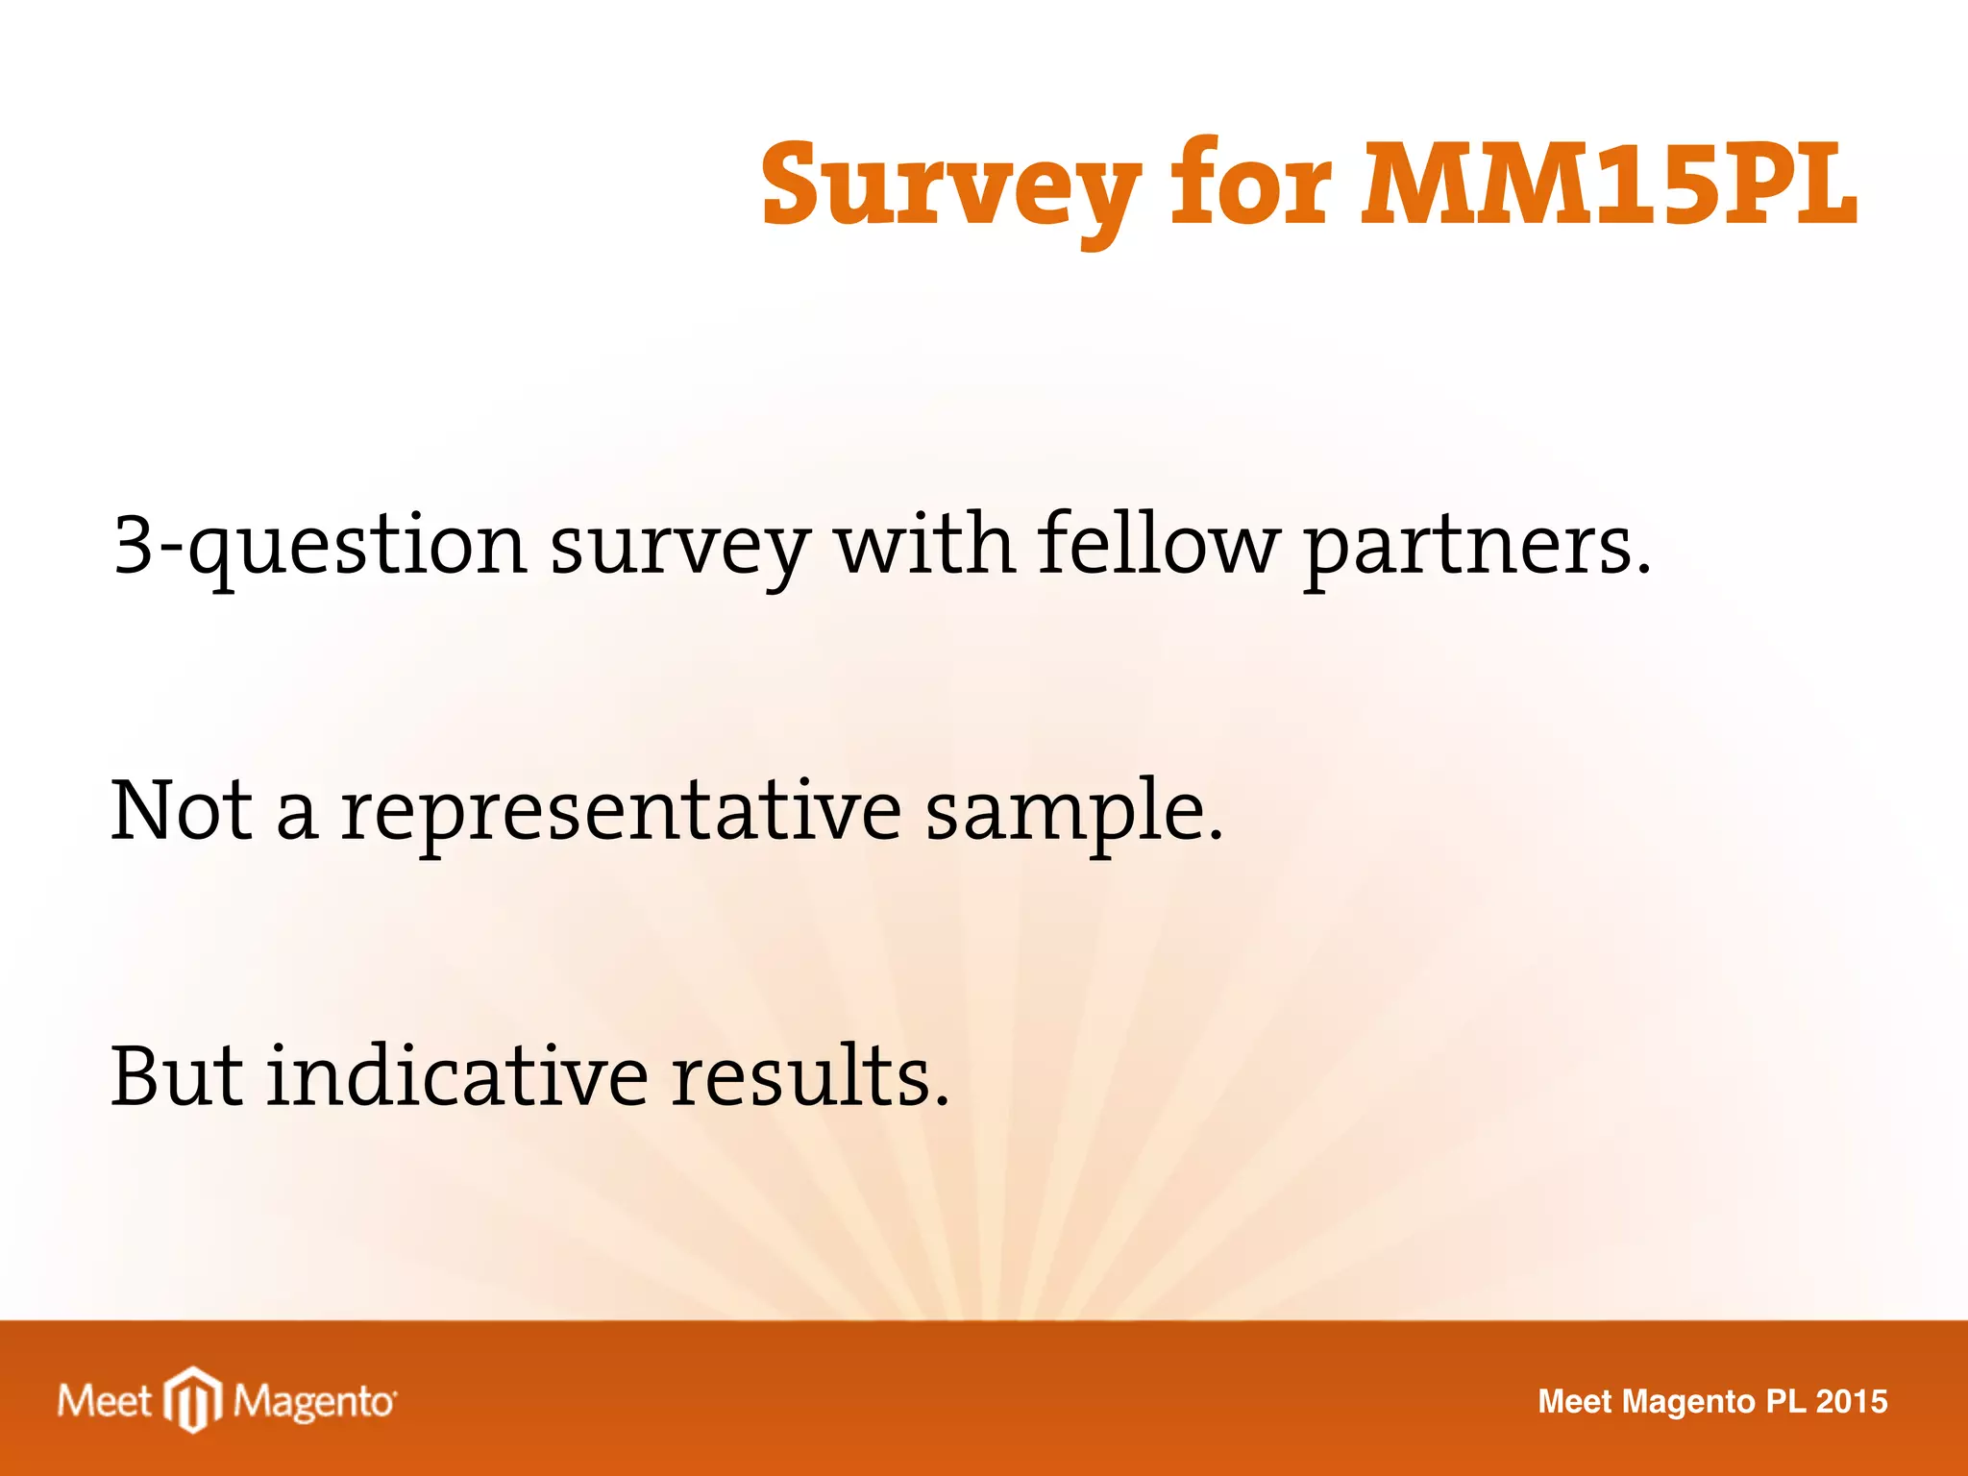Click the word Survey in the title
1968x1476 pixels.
(x=951, y=187)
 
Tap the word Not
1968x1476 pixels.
(x=182, y=810)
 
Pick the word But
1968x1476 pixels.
(x=177, y=1075)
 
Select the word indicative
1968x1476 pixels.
(x=457, y=1075)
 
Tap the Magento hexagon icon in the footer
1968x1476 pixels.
(x=193, y=1400)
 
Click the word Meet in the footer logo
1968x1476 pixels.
(x=104, y=1401)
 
